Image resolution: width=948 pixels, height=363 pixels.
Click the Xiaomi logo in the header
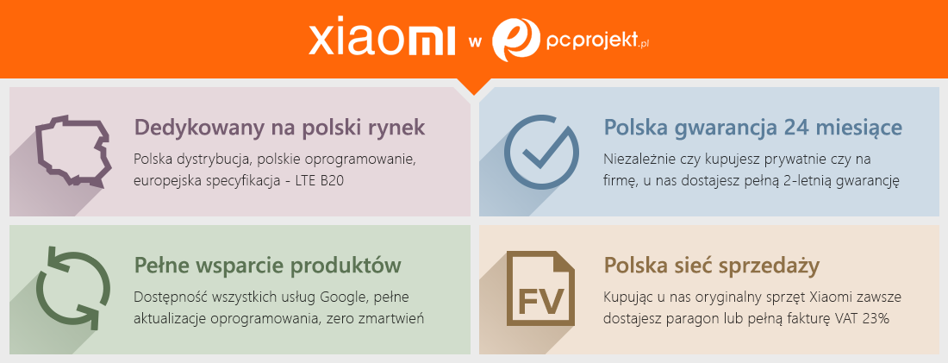click(382, 41)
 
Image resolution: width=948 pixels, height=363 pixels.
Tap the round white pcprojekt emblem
click(515, 40)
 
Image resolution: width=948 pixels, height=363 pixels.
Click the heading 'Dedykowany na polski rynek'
click(279, 128)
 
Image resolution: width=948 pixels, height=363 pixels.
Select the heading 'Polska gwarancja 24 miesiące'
click(753, 128)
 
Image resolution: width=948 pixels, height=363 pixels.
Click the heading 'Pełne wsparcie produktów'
click(268, 266)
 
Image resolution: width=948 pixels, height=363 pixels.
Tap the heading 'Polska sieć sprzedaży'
click(712, 266)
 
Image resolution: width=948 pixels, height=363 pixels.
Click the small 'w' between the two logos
click(474, 42)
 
